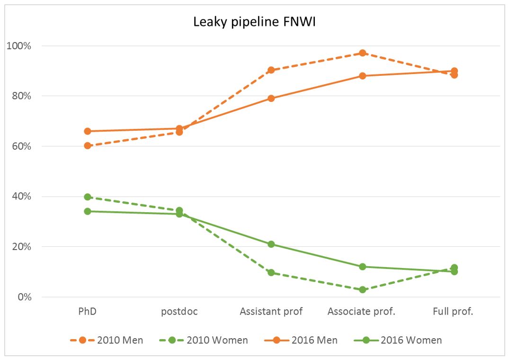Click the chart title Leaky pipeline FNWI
coord(254,22)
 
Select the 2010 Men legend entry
coord(107,340)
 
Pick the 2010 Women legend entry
coord(204,340)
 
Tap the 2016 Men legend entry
coord(301,340)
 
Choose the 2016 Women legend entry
coord(398,340)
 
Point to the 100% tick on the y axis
coord(19,46)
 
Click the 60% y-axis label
coord(21,146)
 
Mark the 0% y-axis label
coord(24,297)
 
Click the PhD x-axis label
coord(87,311)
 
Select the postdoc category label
coord(179,312)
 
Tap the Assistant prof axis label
coord(271,311)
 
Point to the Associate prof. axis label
coord(361,311)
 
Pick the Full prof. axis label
coord(453,311)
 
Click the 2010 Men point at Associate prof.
coord(363,53)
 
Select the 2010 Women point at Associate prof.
coord(363,289)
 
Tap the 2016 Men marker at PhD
coord(87,131)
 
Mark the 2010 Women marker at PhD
coord(87,197)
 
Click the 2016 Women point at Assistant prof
coord(271,244)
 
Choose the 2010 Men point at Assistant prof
coord(271,70)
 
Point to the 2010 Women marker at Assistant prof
coord(271,273)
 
